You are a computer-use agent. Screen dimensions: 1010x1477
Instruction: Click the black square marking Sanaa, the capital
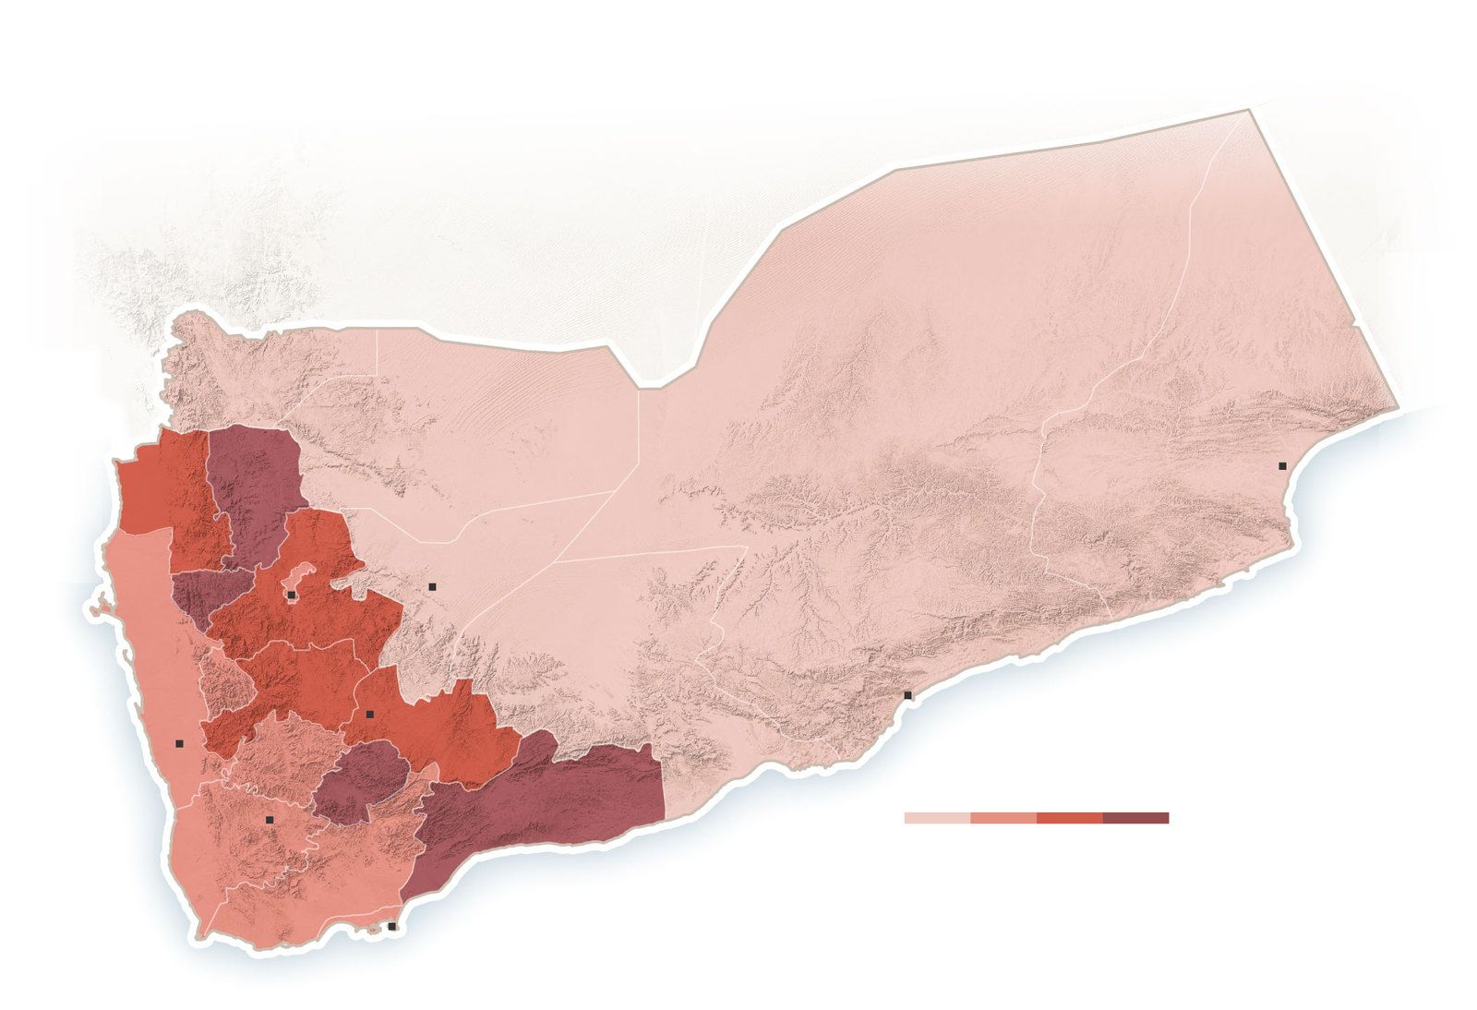point(291,595)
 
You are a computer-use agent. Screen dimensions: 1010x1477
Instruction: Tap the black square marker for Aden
point(391,926)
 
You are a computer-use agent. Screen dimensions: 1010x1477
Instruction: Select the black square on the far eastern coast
point(1282,466)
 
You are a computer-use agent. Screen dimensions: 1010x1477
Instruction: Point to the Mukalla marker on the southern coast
point(907,695)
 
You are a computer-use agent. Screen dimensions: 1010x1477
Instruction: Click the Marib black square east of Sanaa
point(431,586)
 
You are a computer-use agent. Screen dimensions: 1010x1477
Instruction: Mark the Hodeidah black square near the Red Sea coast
point(179,743)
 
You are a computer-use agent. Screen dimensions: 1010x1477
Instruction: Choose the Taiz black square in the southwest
point(270,820)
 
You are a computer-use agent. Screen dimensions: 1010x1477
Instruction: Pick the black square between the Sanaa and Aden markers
point(369,714)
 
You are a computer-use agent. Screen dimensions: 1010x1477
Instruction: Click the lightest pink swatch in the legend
point(937,818)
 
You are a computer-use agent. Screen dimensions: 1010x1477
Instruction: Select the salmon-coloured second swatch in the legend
point(1003,818)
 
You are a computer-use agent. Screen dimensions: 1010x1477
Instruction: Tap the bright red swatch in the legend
point(1069,818)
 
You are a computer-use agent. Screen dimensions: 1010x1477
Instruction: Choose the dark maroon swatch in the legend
point(1135,818)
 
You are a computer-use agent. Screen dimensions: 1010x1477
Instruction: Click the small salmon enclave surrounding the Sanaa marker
point(303,580)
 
